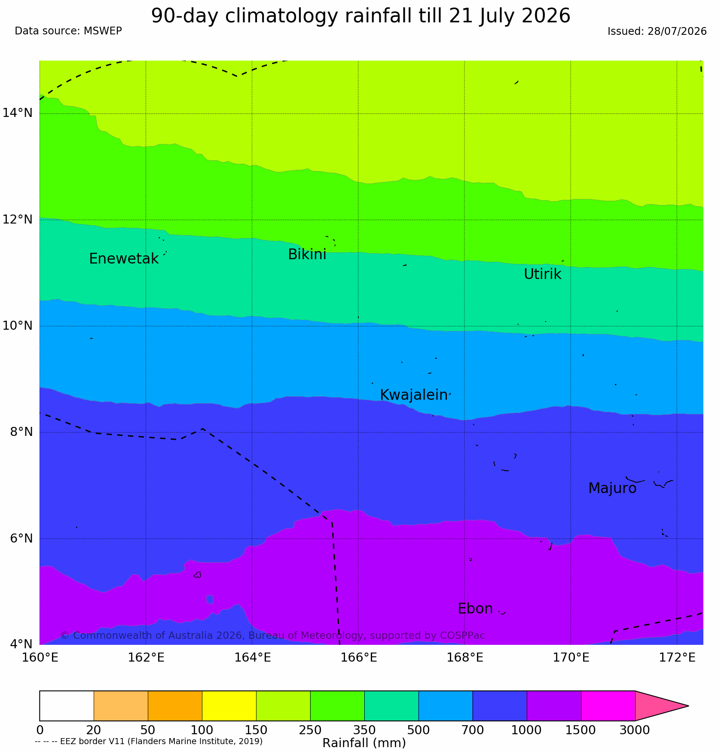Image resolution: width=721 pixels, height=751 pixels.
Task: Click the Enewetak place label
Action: (124, 259)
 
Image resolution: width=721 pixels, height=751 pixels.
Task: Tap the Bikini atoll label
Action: (307, 254)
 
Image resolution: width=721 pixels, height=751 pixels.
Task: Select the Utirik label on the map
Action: (542, 274)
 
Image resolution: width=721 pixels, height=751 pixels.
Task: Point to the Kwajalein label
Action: (413, 395)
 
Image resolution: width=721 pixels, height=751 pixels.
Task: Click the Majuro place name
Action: (612, 488)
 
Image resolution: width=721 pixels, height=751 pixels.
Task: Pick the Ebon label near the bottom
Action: (475, 609)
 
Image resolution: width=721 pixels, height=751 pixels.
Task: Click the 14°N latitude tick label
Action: (18, 113)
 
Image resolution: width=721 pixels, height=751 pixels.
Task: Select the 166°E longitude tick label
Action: (358, 658)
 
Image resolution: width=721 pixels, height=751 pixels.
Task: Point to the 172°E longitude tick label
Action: (677, 658)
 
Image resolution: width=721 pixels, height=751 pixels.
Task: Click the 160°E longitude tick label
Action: (40, 658)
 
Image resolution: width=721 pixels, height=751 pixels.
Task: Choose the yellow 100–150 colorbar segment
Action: (229, 706)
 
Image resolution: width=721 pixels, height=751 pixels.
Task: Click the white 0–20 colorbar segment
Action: (67, 706)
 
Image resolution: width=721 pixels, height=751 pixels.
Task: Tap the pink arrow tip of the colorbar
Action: (688, 706)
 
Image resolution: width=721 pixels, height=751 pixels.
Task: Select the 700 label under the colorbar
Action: (473, 730)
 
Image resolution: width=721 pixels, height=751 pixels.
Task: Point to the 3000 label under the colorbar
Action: (635, 730)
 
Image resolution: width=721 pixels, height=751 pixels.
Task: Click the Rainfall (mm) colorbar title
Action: (364, 743)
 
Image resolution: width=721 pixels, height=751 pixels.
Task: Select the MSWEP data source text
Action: (103, 31)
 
